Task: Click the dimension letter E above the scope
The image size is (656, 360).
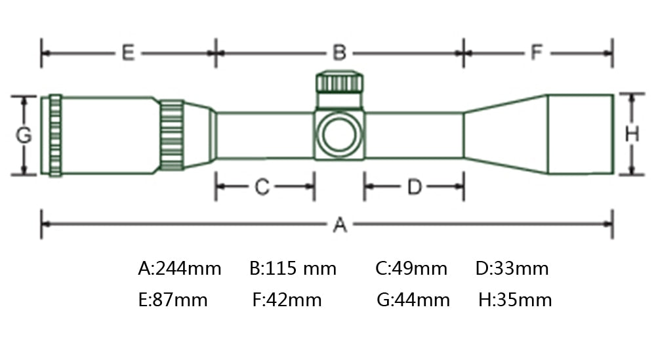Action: [x=128, y=53]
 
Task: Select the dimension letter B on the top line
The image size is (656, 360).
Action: [x=339, y=53]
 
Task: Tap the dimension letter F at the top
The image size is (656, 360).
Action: [x=537, y=52]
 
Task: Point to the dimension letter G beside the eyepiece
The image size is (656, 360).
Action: [x=24, y=135]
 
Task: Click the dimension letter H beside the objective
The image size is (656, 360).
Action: [x=632, y=134]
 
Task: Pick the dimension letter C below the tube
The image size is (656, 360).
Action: [x=262, y=187]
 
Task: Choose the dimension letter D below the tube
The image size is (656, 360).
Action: [x=415, y=187]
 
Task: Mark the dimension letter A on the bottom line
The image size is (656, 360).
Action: [x=340, y=224]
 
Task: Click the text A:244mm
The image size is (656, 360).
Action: [x=180, y=268]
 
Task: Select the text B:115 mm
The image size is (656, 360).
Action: [x=293, y=268]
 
